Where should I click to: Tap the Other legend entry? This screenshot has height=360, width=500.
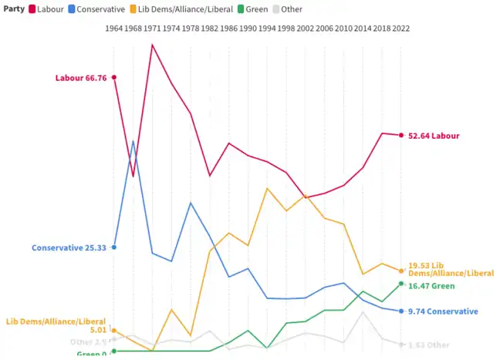click(286, 9)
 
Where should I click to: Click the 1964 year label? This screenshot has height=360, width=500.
click(114, 29)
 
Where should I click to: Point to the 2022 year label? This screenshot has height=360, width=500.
click(401, 29)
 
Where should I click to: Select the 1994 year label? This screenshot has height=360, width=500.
click(267, 29)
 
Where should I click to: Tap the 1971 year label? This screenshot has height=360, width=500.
click(153, 29)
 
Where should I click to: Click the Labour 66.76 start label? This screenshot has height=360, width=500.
click(80, 77)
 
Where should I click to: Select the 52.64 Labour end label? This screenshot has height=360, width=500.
click(434, 136)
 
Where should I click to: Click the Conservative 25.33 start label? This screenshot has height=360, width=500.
click(69, 247)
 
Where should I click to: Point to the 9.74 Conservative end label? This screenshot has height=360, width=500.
click(443, 311)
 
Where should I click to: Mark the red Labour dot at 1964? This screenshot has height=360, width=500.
click(114, 77)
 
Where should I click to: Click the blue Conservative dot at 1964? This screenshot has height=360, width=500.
click(114, 247)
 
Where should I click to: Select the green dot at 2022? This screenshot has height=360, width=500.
click(401, 284)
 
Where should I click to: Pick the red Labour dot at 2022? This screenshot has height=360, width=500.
click(401, 136)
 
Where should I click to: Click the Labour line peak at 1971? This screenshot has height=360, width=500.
click(153, 45)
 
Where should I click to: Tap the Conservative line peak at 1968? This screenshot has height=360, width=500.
click(133, 141)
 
